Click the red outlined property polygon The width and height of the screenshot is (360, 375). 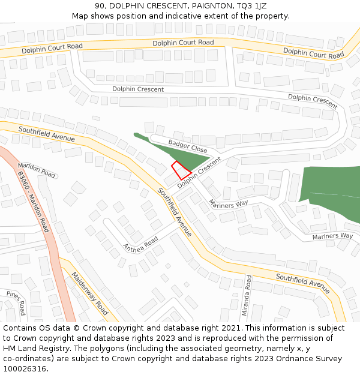(181, 170)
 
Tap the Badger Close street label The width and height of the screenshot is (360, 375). (188, 146)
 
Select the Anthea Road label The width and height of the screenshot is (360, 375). (140, 243)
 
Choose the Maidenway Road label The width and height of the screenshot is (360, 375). (90, 293)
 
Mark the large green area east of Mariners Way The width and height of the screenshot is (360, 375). (330, 192)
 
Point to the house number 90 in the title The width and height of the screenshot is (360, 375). (100, 5)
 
